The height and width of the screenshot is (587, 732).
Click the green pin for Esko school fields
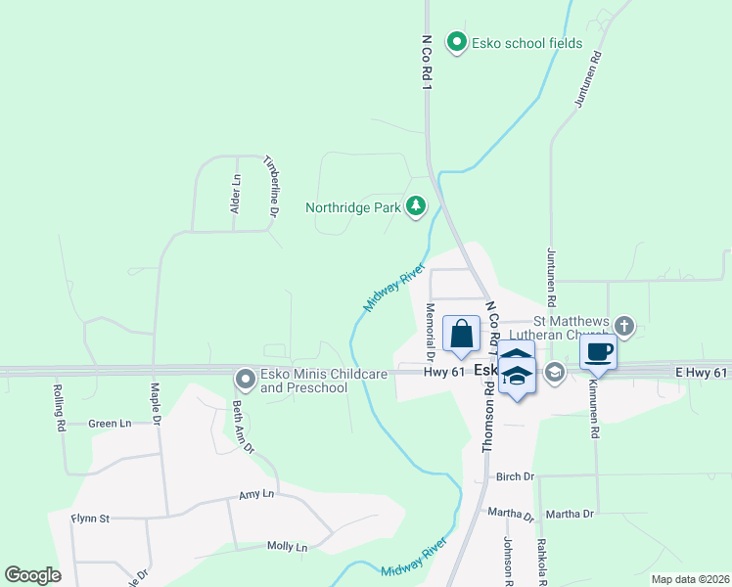pyautogui.click(x=455, y=42)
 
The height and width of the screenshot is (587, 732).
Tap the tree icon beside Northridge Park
pyautogui.click(x=417, y=206)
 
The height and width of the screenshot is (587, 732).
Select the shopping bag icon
pyautogui.click(x=462, y=335)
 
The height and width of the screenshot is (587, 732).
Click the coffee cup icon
pyautogui.click(x=598, y=352)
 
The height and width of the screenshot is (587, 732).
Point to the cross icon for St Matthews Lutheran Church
pyautogui.click(x=625, y=325)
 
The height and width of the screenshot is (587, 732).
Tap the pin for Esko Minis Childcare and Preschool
pyautogui.click(x=245, y=378)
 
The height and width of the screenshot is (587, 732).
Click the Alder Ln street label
pyautogui.click(x=235, y=194)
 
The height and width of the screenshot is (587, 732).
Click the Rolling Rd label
pyautogui.click(x=59, y=407)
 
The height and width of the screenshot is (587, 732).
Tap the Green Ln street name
pyautogui.click(x=110, y=424)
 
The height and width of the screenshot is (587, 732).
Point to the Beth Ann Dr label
pyautogui.click(x=242, y=428)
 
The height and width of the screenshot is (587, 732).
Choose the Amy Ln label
pyautogui.click(x=255, y=497)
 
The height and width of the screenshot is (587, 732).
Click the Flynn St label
pyautogui.click(x=90, y=518)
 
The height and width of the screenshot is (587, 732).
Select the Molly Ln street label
pyautogui.click(x=288, y=547)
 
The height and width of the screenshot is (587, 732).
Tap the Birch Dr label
pyautogui.click(x=515, y=476)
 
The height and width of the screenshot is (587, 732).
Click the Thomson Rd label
pyautogui.click(x=486, y=416)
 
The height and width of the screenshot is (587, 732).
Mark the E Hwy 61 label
pyautogui.click(x=702, y=373)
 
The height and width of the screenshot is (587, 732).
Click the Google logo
pyautogui.click(x=32, y=575)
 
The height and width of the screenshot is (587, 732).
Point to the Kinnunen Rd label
pyautogui.click(x=593, y=401)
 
